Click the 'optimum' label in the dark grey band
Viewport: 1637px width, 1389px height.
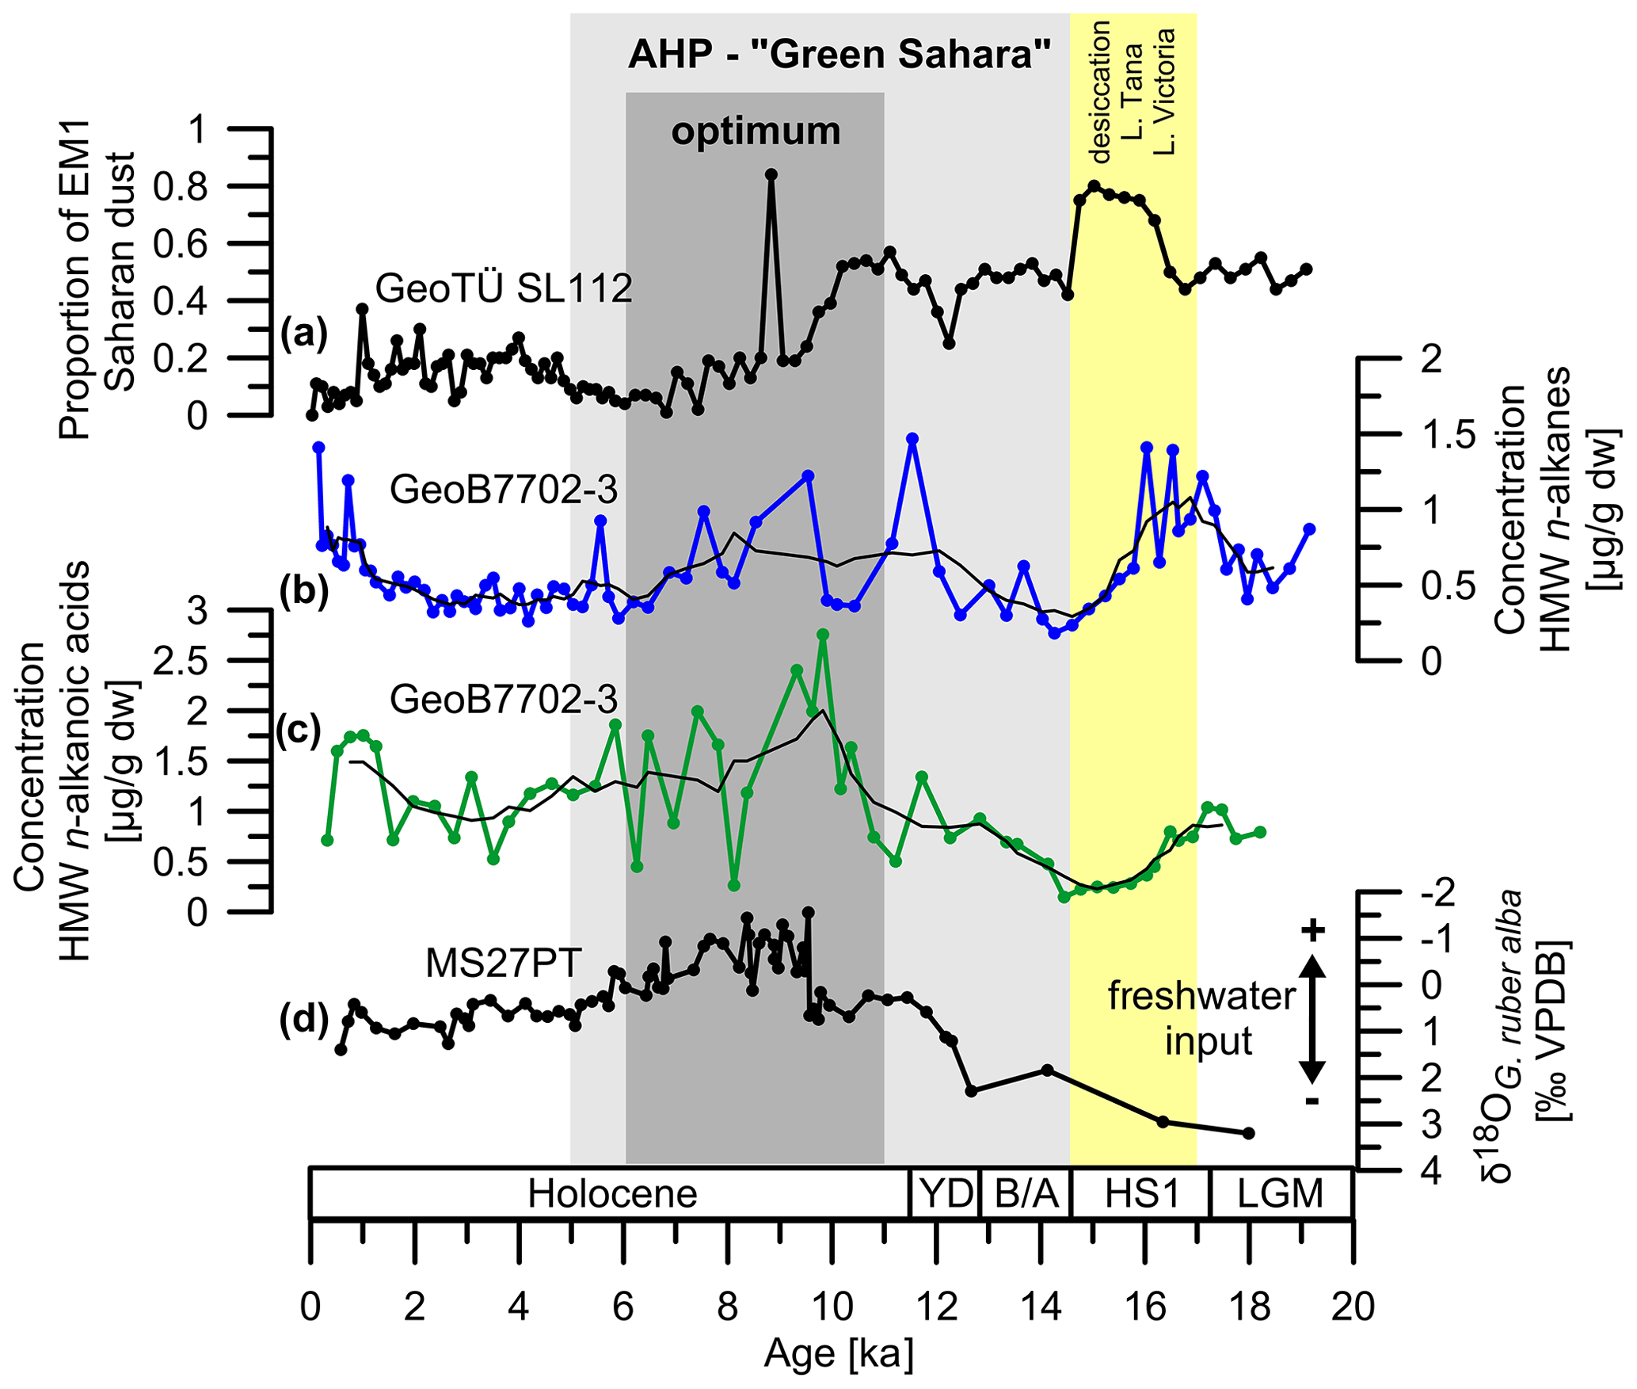756,132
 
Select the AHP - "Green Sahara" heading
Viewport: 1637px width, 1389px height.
839,55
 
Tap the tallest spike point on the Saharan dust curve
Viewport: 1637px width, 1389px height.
771,174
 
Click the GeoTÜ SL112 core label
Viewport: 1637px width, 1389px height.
504,288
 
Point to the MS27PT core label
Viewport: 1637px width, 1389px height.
504,964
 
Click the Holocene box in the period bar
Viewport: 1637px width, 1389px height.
611,1193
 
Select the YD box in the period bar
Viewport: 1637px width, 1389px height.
946,1193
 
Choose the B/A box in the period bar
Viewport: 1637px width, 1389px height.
1026,1193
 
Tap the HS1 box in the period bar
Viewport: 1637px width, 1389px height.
1141,1193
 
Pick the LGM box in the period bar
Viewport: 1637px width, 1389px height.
1281,1193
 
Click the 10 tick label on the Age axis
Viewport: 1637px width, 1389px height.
832,1307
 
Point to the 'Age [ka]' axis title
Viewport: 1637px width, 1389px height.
838,1354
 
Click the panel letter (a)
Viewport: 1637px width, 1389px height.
304,334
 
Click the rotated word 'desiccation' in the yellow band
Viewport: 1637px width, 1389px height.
1099,92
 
